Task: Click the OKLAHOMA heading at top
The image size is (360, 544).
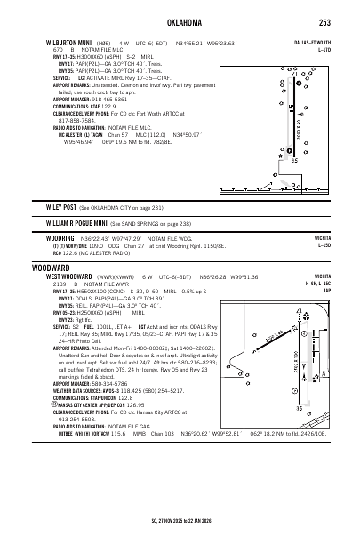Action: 180,20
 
